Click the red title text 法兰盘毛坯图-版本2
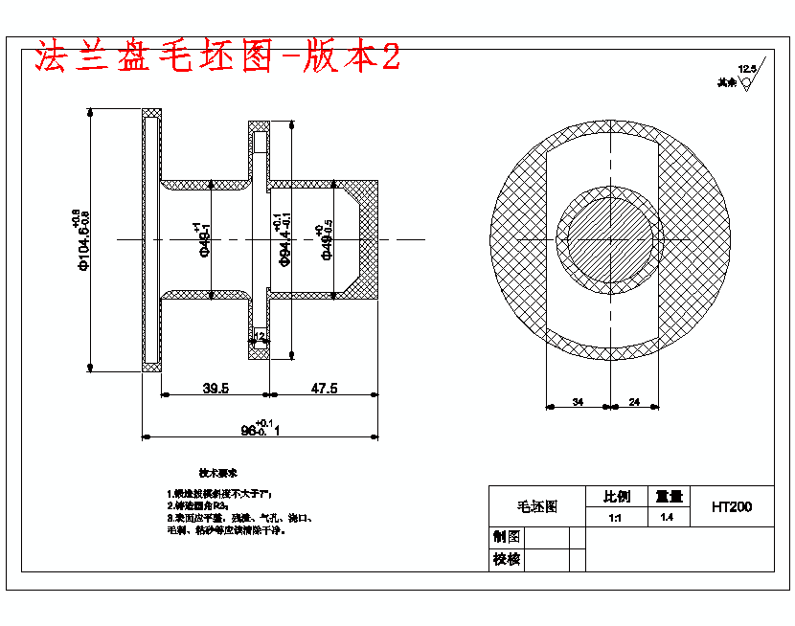tap(216, 57)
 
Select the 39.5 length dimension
tap(215, 388)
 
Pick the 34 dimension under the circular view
tap(578, 403)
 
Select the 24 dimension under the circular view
tap(635, 403)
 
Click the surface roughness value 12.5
tap(746, 69)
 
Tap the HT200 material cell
tap(731, 507)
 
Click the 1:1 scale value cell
tap(615, 518)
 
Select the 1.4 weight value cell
tap(667, 518)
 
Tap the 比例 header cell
tap(615, 497)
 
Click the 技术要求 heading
tap(217, 473)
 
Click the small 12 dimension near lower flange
tap(260, 336)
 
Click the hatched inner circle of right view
tap(610, 239)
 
